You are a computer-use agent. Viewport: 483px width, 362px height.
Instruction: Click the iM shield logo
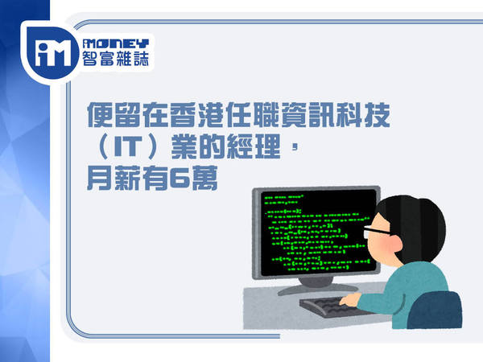pyautogui.click(x=52, y=53)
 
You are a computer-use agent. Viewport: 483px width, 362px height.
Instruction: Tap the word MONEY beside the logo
pyautogui.click(x=116, y=43)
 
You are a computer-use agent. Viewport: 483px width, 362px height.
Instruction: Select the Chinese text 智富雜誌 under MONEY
pyautogui.click(x=116, y=58)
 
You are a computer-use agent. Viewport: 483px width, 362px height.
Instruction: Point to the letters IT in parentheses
pyautogui.click(x=128, y=147)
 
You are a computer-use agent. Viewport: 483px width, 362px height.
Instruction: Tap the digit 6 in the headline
pyautogui.click(x=180, y=179)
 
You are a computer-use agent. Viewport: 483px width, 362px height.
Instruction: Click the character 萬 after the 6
pyautogui.click(x=204, y=179)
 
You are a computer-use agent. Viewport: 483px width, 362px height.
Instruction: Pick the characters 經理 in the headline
pyautogui.click(x=254, y=147)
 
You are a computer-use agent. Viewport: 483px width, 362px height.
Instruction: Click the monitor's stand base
pyautogui.click(x=318, y=288)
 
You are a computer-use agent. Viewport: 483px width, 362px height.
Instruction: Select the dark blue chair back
pyautogui.click(x=435, y=310)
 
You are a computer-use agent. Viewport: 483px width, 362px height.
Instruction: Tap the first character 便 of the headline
pyautogui.click(x=100, y=115)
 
